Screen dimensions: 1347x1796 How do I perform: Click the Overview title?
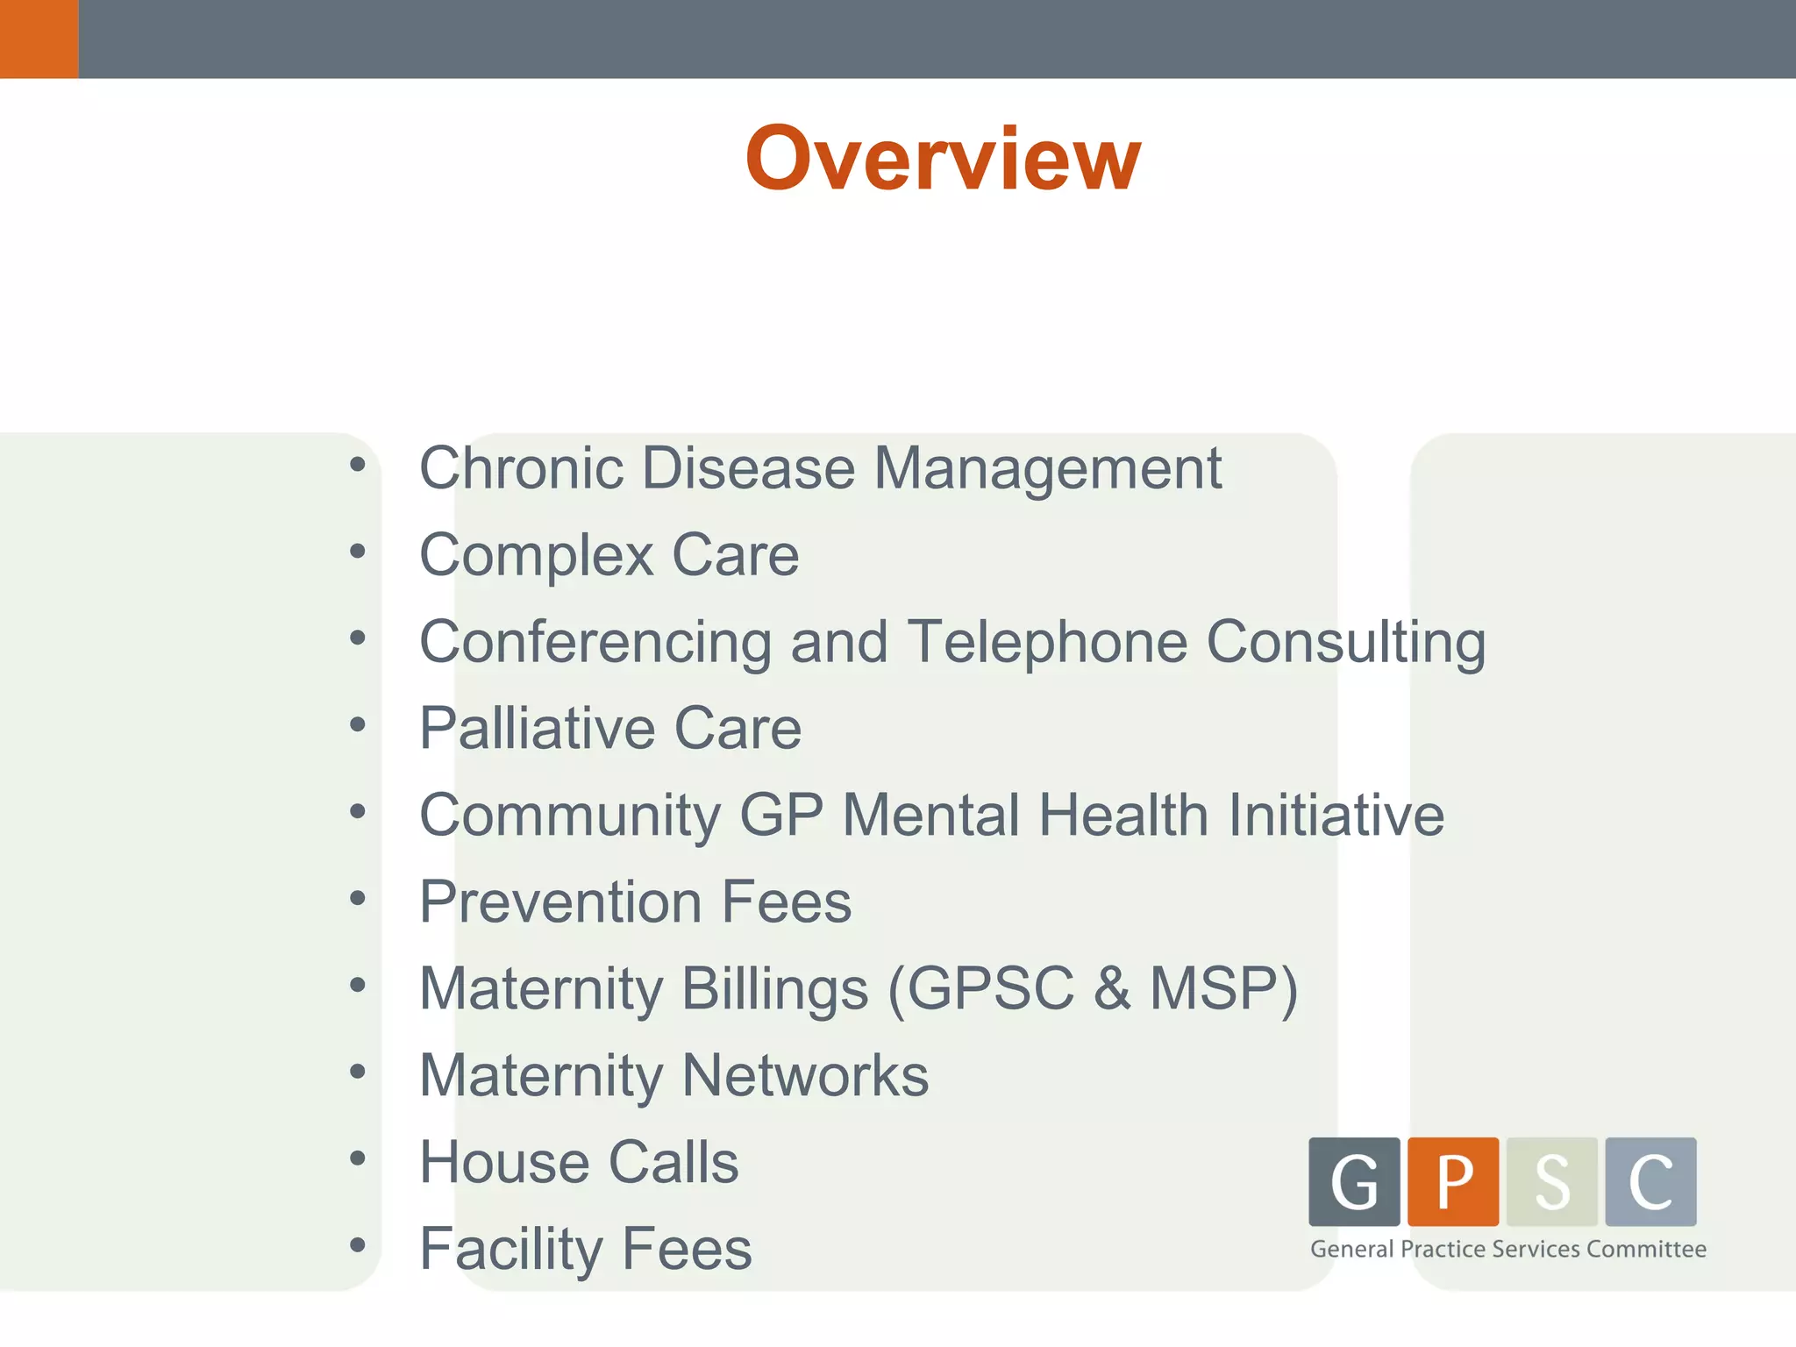pos(943,159)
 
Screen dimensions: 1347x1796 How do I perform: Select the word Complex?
pos(537,555)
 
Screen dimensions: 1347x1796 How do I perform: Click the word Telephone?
pos(1047,642)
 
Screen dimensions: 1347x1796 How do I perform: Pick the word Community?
pos(570,816)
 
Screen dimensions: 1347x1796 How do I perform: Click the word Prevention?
pos(561,902)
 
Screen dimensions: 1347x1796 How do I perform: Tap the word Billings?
pos(775,989)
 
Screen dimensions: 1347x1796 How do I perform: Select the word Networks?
pos(805,1075)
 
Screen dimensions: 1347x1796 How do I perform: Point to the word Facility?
pos(511,1249)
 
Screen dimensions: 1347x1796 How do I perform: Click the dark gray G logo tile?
pos(1354,1181)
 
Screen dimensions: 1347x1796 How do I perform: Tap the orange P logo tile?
pos(1453,1181)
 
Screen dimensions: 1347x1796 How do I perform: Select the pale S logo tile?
pos(1552,1181)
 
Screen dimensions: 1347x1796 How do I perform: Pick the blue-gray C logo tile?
pos(1650,1181)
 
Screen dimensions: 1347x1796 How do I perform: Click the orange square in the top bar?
pos(39,39)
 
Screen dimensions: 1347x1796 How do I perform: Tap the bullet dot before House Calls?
pos(357,1158)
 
